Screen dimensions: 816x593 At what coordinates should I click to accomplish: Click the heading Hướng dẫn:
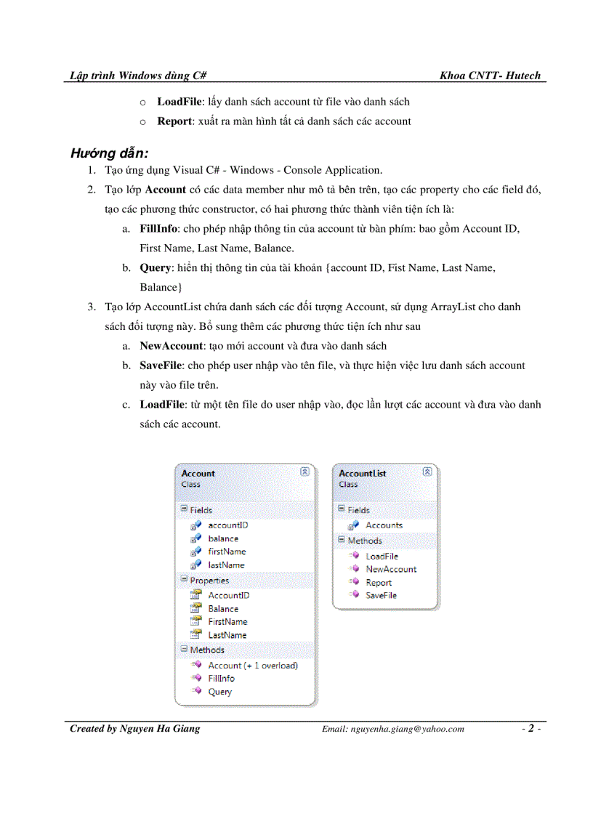click(109, 153)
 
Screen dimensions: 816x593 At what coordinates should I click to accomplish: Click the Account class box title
click(198, 474)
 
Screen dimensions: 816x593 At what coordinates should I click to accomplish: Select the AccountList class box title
click(362, 474)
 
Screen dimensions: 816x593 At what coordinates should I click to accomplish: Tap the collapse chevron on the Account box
click(305, 472)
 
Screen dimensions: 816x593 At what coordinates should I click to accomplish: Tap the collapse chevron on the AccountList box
click(427, 472)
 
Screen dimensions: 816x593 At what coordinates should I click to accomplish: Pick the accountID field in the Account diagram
click(228, 525)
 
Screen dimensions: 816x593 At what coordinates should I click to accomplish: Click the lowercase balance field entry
click(223, 538)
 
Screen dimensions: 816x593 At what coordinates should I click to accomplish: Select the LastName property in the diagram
click(227, 635)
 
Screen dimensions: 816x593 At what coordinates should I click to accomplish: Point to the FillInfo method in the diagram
click(221, 678)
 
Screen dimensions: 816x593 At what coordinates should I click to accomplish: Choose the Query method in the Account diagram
click(219, 692)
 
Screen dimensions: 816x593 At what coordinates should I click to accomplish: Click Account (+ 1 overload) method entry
click(252, 665)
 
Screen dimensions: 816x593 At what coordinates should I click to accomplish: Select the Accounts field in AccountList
click(384, 525)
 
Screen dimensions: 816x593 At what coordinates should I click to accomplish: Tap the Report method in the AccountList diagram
click(379, 582)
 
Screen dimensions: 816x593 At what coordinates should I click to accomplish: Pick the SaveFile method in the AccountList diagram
click(381, 595)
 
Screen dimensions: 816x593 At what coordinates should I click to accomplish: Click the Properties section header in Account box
click(209, 581)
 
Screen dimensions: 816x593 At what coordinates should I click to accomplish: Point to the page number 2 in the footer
click(531, 729)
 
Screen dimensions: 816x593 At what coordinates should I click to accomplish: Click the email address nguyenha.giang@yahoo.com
click(392, 730)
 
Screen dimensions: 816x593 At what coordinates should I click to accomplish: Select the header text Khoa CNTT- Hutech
click(490, 76)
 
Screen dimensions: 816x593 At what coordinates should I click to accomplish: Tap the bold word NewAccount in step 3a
click(172, 346)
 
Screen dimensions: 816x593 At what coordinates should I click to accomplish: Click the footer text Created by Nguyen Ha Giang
click(134, 729)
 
